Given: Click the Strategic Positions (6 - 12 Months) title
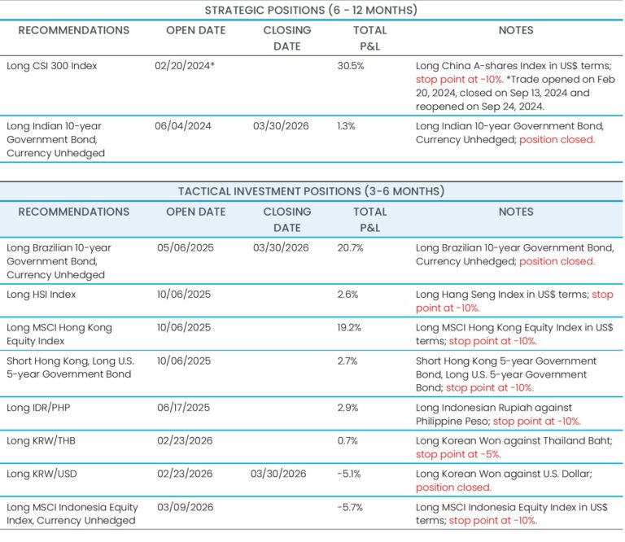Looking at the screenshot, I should [x=312, y=10].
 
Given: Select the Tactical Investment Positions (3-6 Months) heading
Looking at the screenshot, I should [x=312, y=191].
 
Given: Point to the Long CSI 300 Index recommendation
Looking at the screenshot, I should [x=51, y=65].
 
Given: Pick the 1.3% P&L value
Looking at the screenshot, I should [x=347, y=126].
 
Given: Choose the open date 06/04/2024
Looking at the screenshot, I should [x=183, y=126].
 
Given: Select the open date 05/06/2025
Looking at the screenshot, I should [x=185, y=247].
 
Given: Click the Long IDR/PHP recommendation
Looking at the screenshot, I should [x=42, y=408].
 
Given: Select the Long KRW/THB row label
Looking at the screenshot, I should [x=44, y=440].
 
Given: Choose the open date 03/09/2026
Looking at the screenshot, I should [x=185, y=506].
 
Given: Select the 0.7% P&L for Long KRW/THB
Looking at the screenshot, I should [x=347, y=440].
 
